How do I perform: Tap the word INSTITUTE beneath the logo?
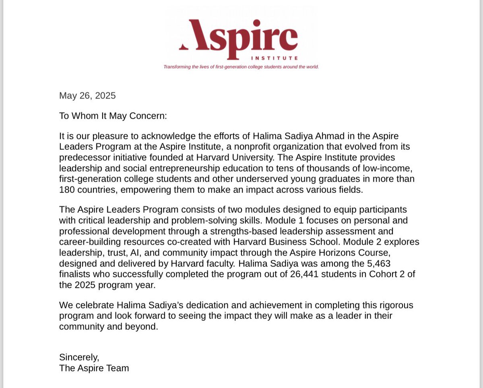(x=274, y=58)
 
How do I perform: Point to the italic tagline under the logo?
(x=241, y=67)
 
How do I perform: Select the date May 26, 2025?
(x=87, y=96)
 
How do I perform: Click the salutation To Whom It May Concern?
(x=113, y=116)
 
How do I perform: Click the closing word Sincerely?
(x=79, y=357)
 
